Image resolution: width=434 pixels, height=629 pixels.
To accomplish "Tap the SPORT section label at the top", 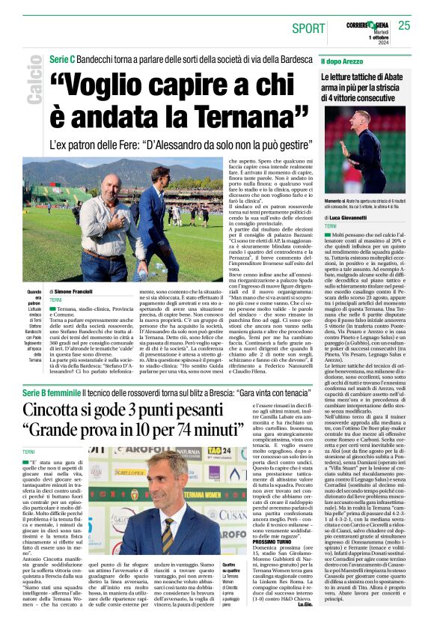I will tap(309, 28).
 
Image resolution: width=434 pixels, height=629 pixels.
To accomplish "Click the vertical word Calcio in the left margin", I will tap(33, 83).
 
